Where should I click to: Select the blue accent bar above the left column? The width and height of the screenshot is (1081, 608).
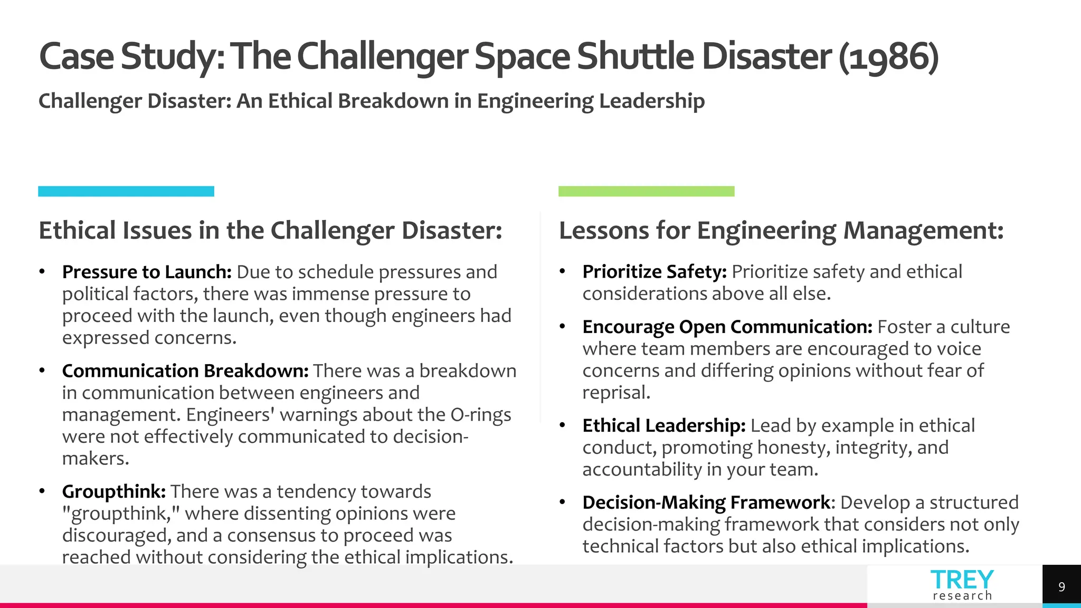coord(126,191)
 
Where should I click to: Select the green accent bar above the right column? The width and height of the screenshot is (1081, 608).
coord(646,191)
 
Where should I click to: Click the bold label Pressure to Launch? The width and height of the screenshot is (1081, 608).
coord(147,272)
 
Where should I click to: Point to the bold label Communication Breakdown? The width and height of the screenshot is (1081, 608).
coord(185,371)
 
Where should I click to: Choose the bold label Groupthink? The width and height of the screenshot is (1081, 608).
coord(114,491)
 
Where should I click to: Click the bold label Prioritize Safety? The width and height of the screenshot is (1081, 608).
coord(655,272)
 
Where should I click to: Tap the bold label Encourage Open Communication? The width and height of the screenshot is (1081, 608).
coord(727,327)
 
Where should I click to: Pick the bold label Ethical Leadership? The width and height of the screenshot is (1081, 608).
coord(664,425)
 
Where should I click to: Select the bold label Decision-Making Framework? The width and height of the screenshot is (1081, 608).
coord(706,502)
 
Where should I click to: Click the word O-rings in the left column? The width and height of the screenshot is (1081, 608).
coord(480,415)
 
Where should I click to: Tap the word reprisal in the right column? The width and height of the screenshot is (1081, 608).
coord(615,393)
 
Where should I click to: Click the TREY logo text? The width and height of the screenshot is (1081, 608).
coord(962,579)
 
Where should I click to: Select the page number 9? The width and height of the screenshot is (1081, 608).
coord(1061,586)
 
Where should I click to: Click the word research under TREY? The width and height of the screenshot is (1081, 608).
coord(962,596)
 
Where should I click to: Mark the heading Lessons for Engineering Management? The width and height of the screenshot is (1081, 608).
coord(781,231)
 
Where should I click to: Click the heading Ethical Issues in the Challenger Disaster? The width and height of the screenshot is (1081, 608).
coord(270,231)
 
